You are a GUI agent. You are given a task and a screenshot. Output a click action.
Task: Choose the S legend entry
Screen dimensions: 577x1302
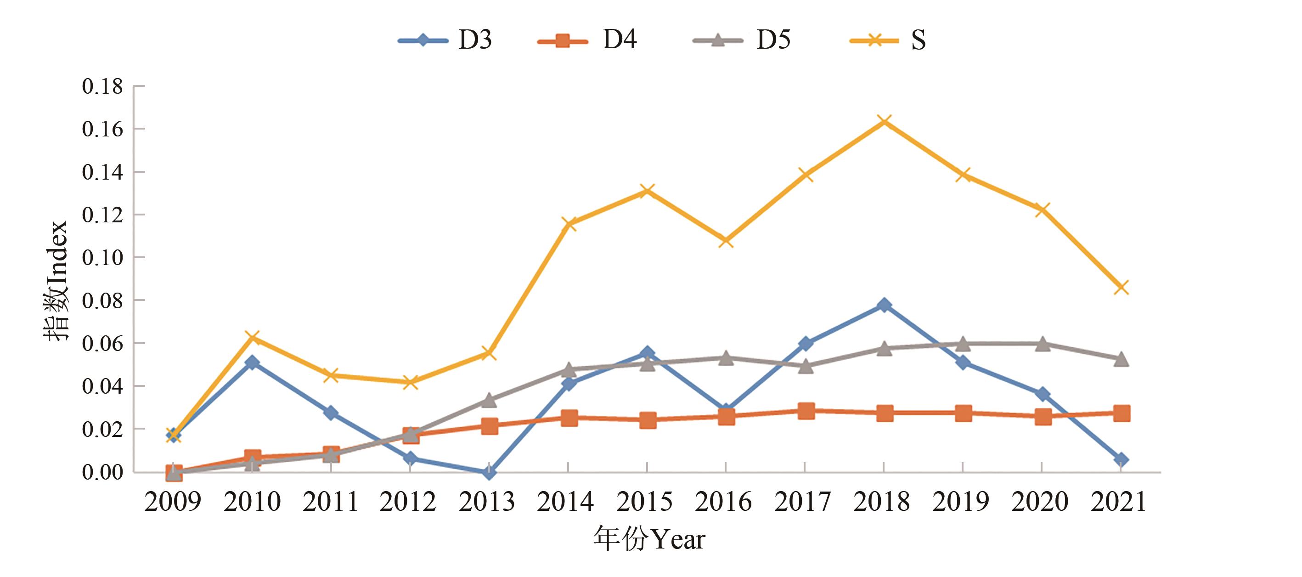889,40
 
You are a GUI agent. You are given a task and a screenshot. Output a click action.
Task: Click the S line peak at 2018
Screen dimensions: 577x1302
884,121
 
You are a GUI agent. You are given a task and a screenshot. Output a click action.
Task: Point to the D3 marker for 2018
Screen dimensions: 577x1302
884,305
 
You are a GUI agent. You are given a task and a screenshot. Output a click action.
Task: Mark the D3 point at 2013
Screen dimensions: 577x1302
489,472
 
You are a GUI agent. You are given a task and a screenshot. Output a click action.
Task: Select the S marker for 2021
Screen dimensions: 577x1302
1121,287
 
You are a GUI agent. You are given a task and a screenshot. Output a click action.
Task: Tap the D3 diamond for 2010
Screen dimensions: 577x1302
252,362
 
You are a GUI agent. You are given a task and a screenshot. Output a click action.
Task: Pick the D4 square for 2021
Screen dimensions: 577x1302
1121,413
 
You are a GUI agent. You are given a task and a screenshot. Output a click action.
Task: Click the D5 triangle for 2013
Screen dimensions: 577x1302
489,401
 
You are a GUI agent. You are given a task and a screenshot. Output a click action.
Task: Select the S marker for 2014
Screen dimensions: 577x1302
568,224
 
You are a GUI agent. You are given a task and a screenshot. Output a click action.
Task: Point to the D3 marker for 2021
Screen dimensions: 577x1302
1121,460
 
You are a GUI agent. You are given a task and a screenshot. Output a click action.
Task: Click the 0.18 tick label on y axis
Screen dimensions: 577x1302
102,86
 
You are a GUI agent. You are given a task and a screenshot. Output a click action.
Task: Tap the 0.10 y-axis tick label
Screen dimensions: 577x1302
102,258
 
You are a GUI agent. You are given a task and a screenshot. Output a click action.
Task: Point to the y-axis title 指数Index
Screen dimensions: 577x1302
55,281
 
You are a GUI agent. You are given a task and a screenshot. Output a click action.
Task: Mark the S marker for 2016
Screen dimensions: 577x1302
726,241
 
